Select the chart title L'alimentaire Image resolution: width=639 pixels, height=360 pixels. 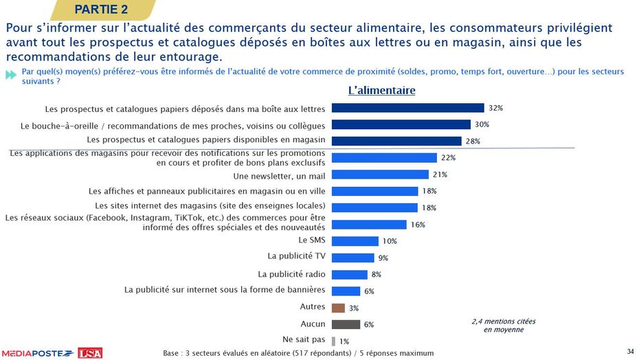point(381,90)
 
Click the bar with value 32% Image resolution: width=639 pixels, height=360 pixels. point(407,108)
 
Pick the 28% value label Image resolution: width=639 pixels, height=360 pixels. point(473,141)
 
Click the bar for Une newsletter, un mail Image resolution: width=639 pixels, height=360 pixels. point(380,175)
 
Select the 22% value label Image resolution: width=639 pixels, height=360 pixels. point(448,157)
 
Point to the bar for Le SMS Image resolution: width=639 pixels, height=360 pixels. point(355,241)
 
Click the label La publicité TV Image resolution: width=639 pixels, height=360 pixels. point(296,256)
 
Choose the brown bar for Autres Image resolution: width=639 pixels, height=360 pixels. point(338,308)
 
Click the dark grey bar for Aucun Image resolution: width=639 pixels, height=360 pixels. point(346,324)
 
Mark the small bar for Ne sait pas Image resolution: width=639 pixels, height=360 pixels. point(333,341)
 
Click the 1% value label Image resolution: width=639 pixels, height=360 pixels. point(344,341)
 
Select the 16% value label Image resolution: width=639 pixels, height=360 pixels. point(418,225)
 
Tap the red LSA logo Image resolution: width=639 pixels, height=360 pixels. point(90,352)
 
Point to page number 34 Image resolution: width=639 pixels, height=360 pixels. point(630,352)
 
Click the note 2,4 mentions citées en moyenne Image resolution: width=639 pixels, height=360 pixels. point(503,325)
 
